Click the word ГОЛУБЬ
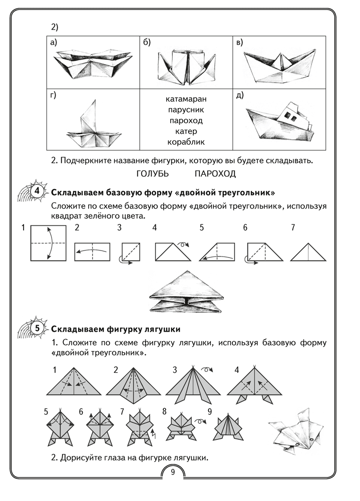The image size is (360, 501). click(153, 173)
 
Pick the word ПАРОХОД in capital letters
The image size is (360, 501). click(215, 173)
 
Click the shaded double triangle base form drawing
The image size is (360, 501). click(186, 291)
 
